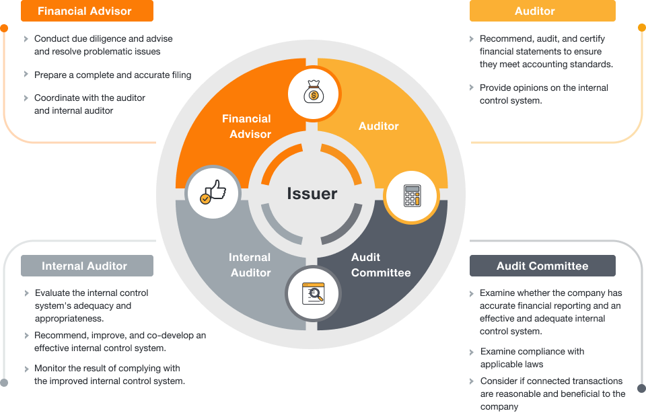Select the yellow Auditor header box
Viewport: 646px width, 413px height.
point(542,11)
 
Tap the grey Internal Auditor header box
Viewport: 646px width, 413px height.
point(87,266)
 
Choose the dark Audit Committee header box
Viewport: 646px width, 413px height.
point(542,266)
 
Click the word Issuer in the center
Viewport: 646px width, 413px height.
point(312,194)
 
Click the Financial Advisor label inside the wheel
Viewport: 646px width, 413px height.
point(246,126)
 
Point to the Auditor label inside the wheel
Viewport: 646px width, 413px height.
point(378,126)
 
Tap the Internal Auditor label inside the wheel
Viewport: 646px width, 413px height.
point(250,265)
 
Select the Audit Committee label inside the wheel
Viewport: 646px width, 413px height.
point(380,265)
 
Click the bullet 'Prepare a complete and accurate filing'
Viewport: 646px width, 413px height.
point(112,75)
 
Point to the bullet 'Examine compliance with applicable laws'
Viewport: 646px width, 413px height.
point(532,358)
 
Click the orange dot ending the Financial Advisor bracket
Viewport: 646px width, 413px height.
point(4,29)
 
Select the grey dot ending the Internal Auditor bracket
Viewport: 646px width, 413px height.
point(4,383)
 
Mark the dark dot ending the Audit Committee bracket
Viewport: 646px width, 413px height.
point(641,388)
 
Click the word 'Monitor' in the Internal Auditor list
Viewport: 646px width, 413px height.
point(51,369)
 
